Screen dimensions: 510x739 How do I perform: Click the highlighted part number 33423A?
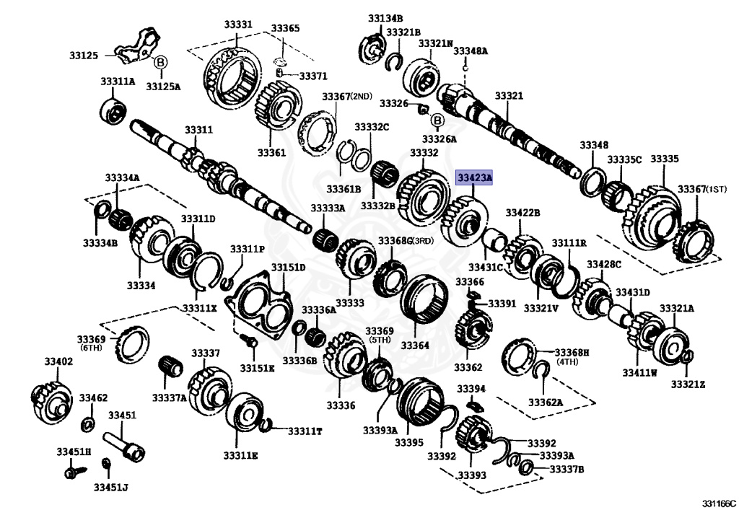click(473, 177)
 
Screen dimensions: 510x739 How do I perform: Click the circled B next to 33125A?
click(160, 63)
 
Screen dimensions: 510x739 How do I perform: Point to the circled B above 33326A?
click(437, 120)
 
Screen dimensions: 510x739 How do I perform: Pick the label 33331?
click(237, 25)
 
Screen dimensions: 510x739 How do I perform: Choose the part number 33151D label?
click(289, 268)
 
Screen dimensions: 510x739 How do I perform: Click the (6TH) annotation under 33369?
click(92, 348)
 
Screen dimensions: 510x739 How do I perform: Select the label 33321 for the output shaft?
click(509, 95)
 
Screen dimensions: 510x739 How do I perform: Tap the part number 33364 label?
click(414, 345)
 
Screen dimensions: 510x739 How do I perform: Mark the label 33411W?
click(640, 372)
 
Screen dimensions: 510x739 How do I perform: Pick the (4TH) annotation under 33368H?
click(567, 362)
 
